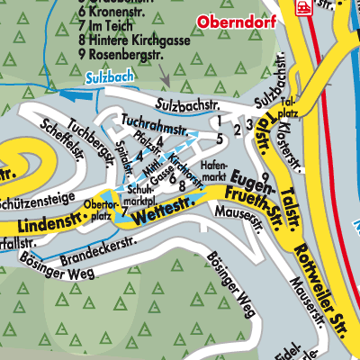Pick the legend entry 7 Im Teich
109,27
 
